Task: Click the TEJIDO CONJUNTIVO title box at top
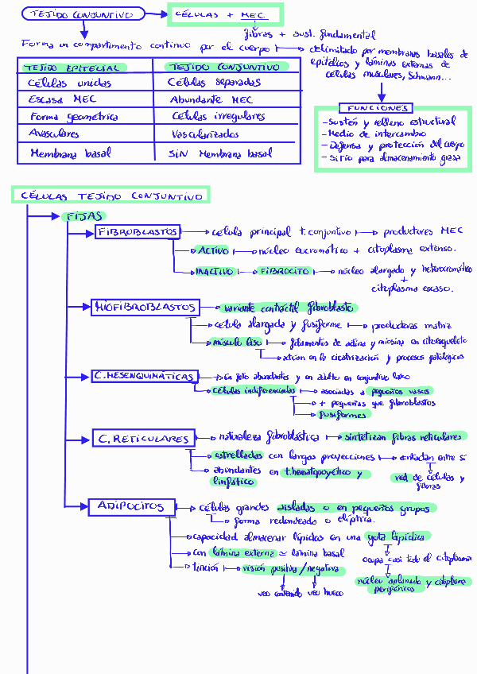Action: (83, 14)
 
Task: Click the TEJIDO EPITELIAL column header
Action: (72, 68)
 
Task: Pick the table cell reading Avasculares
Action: (54, 134)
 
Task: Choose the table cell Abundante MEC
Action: (211, 99)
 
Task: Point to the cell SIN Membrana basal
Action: (220, 153)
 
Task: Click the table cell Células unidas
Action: (70, 83)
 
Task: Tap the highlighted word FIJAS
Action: (83, 216)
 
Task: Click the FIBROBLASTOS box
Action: (138, 231)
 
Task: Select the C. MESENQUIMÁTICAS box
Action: (143, 375)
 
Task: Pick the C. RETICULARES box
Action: (143, 438)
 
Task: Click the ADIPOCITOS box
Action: (130, 505)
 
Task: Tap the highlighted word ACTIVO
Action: (213, 250)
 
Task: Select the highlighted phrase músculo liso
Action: (237, 342)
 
